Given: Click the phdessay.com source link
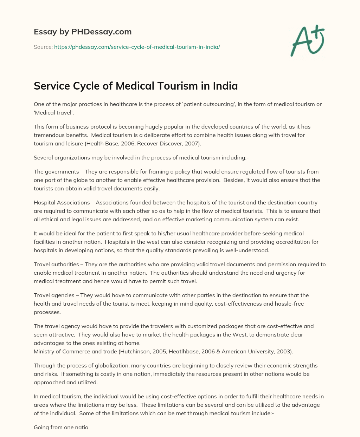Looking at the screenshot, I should point(137,47).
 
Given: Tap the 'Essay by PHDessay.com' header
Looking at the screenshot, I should point(83,32).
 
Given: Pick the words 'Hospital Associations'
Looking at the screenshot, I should point(62,203).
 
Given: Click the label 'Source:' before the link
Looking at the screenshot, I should point(43,47).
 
